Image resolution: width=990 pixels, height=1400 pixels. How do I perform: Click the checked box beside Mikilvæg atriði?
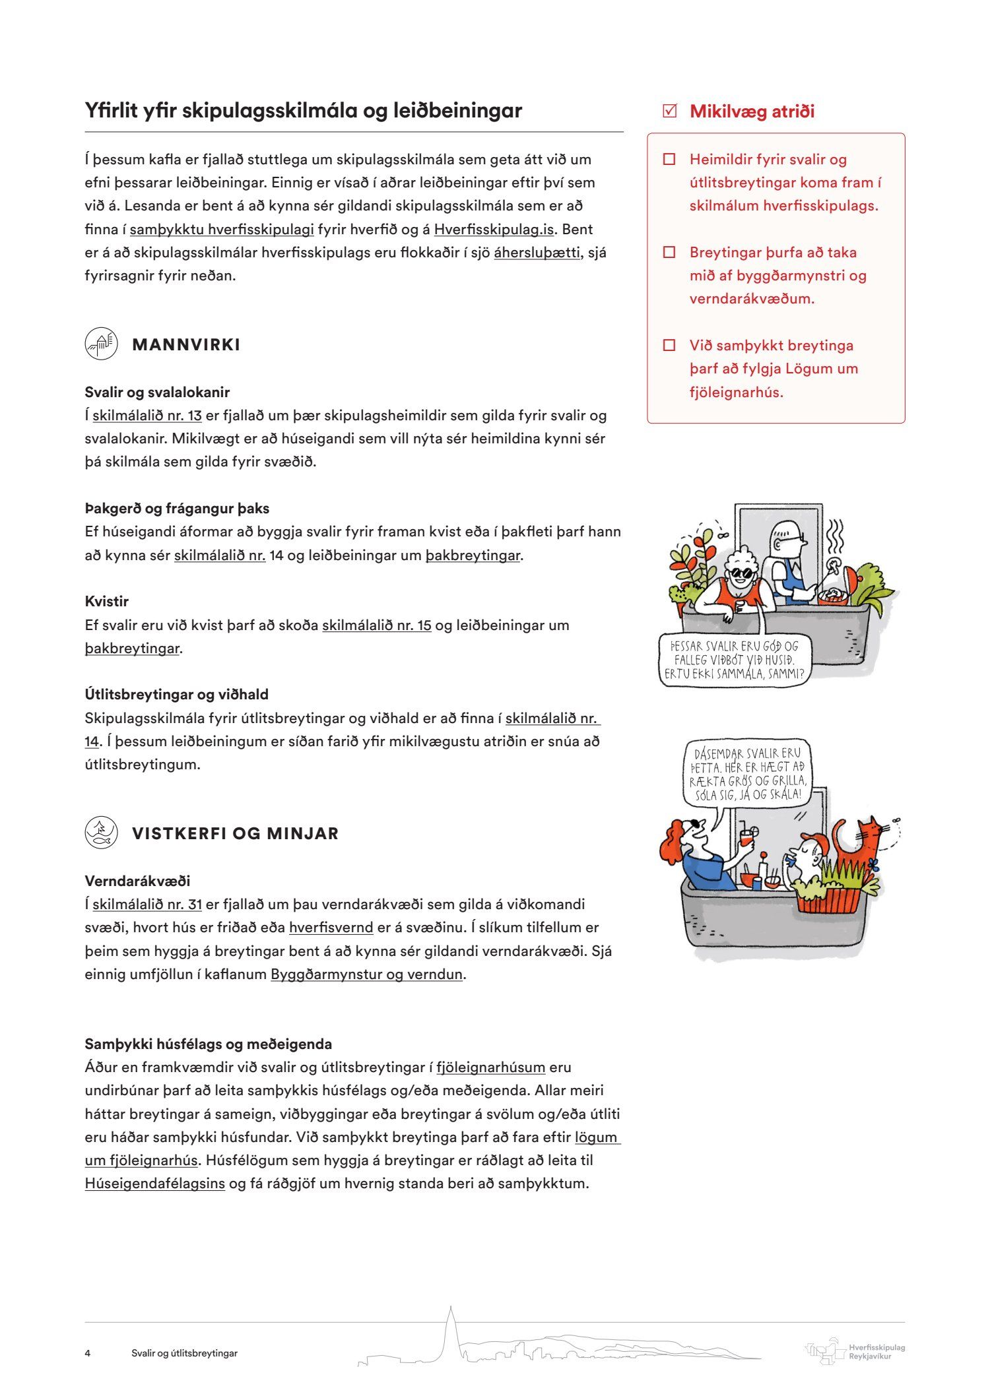coord(669,111)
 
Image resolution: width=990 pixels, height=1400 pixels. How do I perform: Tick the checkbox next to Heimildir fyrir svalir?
coord(669,159)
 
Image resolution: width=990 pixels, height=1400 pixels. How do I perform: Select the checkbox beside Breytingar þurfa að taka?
coord(669,252)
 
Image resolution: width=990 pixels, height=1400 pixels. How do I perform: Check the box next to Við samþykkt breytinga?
coord(669,345)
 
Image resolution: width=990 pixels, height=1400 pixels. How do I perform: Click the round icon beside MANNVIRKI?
coord(101,344)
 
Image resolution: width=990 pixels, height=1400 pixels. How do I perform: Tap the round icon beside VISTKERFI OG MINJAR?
coord(101,833)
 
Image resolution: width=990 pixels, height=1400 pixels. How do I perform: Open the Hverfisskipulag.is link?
coord(494,230)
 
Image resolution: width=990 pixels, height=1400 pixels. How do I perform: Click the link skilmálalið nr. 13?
coord(147,416)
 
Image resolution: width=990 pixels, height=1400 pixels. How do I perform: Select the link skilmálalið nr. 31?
coord(147,905)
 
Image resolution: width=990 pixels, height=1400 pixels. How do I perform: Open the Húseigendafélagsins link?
coord(155,1184)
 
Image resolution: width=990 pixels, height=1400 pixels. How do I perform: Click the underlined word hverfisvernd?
coord(331,928)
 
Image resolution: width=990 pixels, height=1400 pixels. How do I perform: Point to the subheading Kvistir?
coord(106,602)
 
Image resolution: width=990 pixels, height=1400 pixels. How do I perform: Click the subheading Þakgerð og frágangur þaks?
coord(177,509)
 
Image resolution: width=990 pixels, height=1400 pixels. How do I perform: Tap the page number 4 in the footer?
coord(88,1353)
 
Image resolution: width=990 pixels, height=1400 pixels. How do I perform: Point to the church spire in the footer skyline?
coord(450,1326)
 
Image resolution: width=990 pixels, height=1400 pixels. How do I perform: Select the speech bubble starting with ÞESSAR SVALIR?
coord(734,660)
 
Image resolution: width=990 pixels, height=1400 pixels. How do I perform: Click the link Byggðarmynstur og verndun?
coord(366,974)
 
